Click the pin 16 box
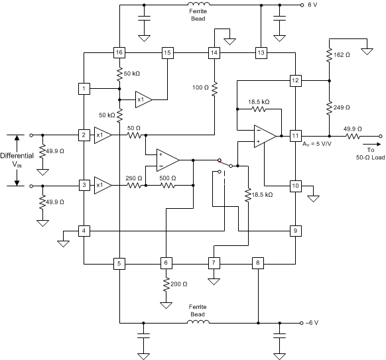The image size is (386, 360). [x=119, y=52]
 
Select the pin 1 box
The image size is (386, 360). [x=84, y=88]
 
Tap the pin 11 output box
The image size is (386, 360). [x=296, y=135]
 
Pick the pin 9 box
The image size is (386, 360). [x=296, y=231]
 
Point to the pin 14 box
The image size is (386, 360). [x=214, y=52]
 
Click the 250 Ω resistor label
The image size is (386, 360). [x=135, y=178]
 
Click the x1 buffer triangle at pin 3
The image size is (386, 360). [x=101, y=185]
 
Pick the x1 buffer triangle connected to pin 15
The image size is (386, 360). [x=143, y=99]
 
